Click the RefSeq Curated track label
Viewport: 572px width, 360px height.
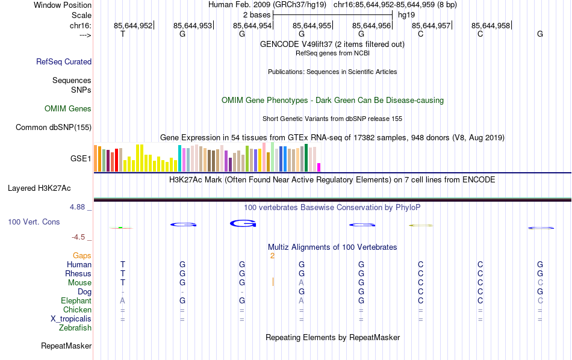(64, 61)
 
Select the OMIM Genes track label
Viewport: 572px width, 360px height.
(68, 109)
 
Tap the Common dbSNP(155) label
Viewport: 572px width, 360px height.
(54, 127)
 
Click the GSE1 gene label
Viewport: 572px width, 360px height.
(81, 159)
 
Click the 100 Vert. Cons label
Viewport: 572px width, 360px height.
(34, 222)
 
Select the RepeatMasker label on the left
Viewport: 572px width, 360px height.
(66, 346)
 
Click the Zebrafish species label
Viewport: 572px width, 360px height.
(75, 328)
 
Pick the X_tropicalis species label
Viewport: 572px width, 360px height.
(71, 319)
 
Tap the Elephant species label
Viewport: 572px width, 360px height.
(76, 301)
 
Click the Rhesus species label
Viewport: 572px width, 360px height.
(78, 273)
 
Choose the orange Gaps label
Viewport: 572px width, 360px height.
(82, 256)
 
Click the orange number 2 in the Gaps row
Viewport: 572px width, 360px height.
(272, 256)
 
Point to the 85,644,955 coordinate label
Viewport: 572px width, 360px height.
(311, 25)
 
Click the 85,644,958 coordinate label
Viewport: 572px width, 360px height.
(491, 25)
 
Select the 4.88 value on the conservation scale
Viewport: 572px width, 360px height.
(79, 207)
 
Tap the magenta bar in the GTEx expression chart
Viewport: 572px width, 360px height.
(319, 167)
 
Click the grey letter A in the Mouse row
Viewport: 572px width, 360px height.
(302, 283)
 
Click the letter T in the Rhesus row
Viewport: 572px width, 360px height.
(123, 273)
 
